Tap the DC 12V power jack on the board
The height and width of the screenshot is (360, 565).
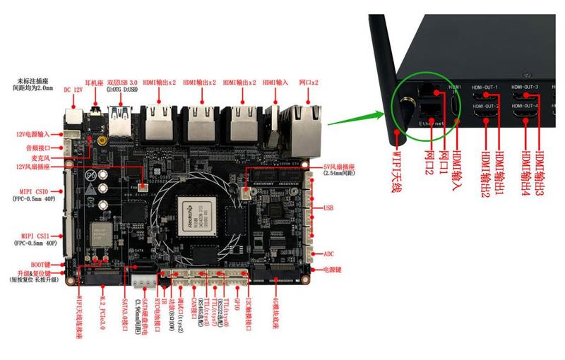pos(73,116)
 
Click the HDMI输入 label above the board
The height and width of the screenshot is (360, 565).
pos(275,83)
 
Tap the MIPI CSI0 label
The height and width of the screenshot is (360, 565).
pos(33,191)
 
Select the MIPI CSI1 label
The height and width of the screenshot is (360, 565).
pos(33,236)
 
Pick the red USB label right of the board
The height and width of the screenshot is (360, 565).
pos(328,208)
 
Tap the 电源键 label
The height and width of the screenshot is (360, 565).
pos(332,270)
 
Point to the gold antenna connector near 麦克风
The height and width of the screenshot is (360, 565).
pos(103,140)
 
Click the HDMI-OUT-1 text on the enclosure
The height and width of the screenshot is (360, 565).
pos(487,88)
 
